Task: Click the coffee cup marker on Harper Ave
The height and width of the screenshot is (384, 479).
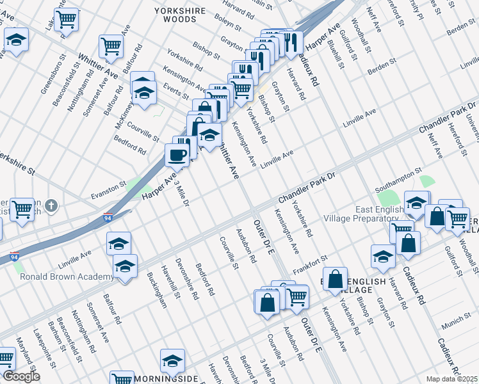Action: point(177,154)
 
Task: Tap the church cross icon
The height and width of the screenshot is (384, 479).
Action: point(52,206)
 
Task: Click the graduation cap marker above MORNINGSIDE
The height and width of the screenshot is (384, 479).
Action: point(172,361)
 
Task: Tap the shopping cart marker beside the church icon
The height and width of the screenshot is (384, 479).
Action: point(22,208)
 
